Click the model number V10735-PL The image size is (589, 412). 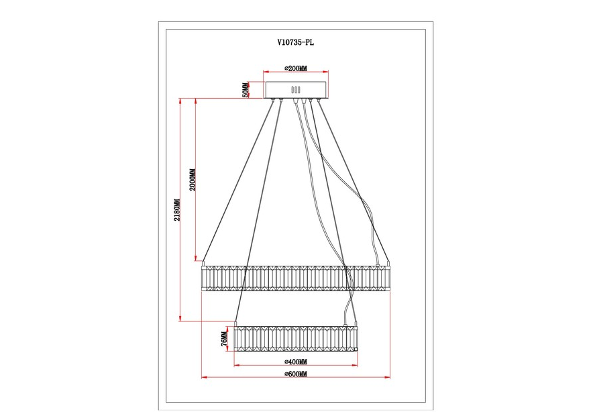[x=296, y=42]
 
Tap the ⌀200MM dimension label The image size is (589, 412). [x=296, y=68]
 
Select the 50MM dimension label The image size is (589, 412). [x=246, y=90]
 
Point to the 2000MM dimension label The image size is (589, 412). [x=193, y=180]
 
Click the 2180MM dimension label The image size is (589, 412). [x=177, y=210]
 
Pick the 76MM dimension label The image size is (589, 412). [x=224, y=339]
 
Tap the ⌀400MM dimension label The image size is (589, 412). [x=296, y=362]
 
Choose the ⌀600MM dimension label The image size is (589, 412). [x=296, y=374]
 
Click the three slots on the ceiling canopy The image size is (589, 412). [x=296, y=90]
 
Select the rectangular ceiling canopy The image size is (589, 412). [x=296, y=90]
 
